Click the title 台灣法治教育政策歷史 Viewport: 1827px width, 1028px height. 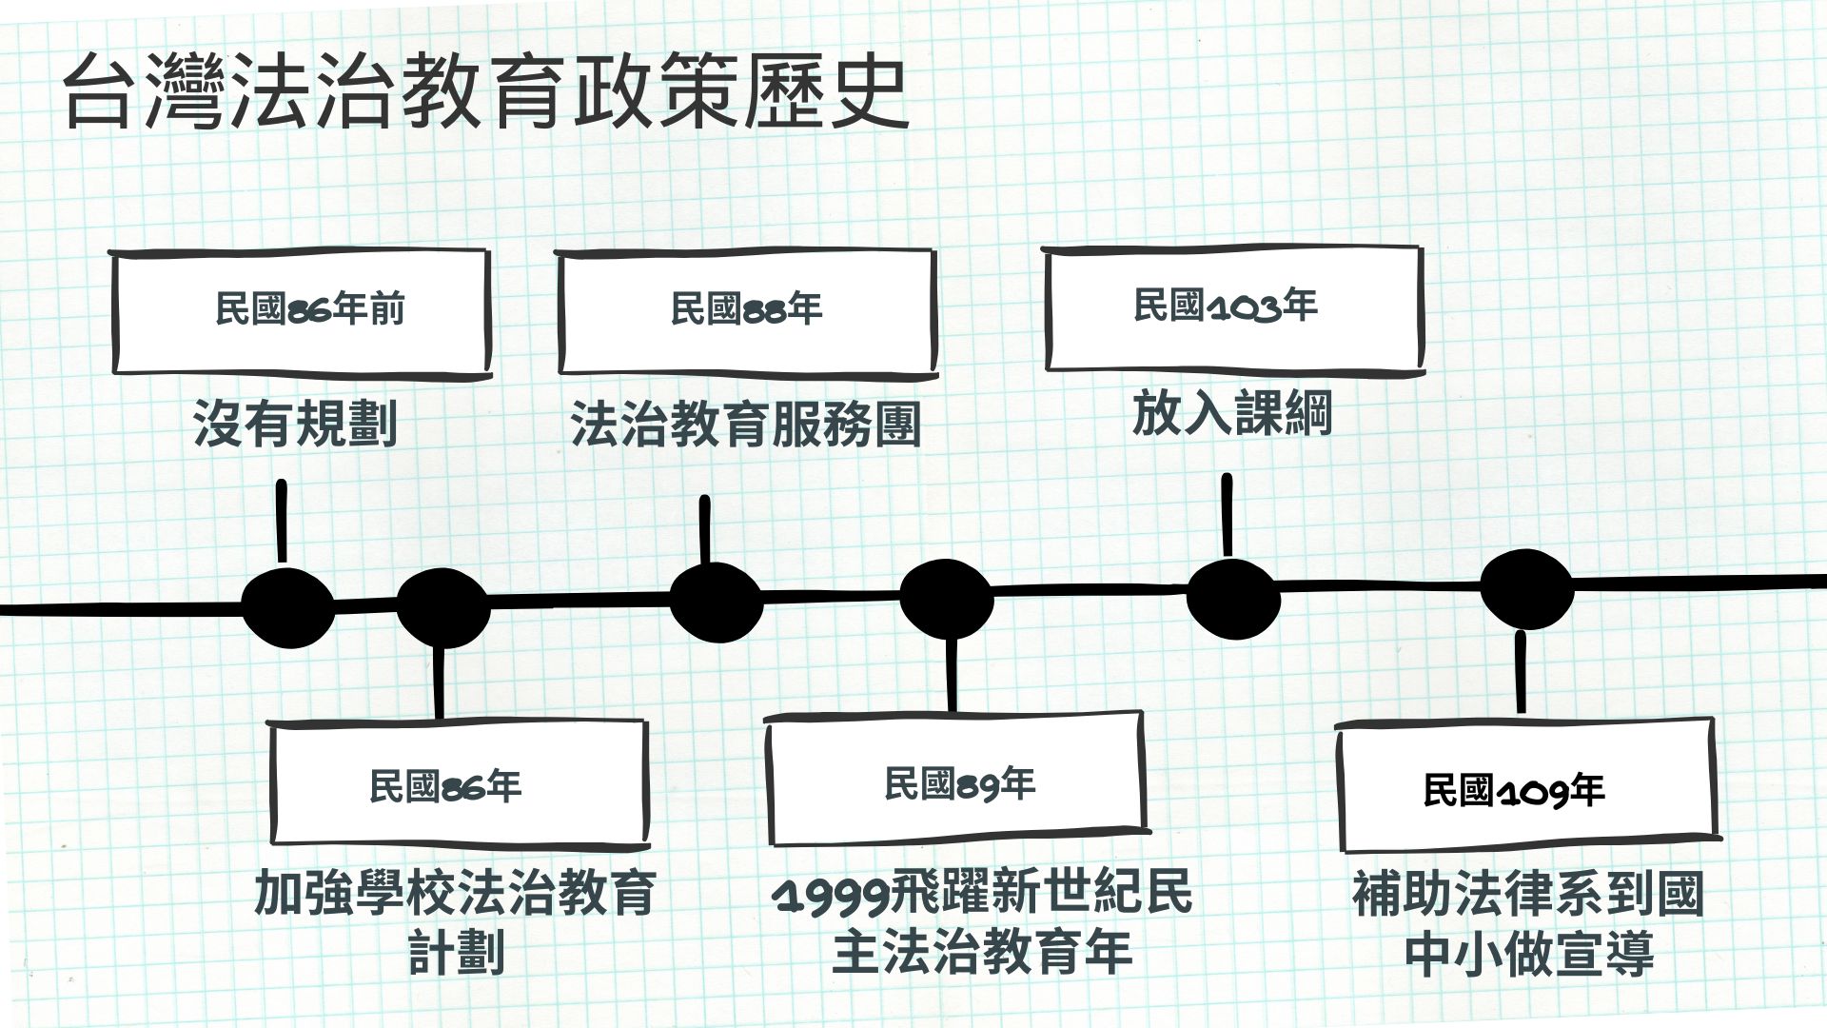click(485, 93)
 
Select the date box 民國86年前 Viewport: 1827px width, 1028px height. click(301, 311)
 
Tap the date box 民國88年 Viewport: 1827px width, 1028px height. click(746, 311)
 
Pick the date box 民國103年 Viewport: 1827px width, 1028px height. click(1233, 307)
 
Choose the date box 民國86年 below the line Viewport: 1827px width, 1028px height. click(459, 785)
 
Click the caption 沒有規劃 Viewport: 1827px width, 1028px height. click(295, 424)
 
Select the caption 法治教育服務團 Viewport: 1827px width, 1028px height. click(746, 424)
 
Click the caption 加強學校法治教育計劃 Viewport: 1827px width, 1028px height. click(455, 921)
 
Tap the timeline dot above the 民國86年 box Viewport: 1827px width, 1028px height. click(442, 606)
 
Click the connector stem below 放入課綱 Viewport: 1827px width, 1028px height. click(1227, 515)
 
